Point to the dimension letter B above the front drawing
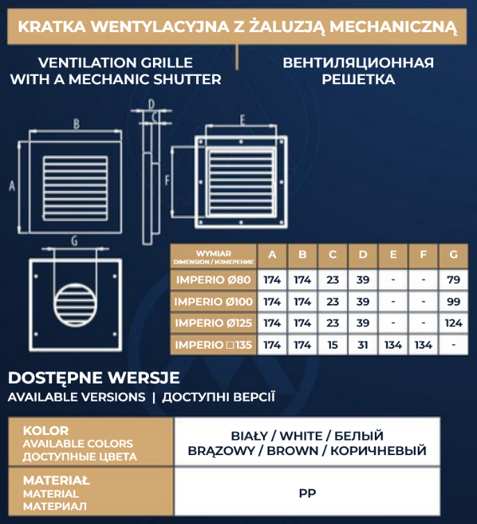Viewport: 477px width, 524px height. pyautogui.click(x=76, y=125)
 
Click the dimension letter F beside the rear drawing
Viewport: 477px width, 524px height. pyautogui.click(x=168, y=180)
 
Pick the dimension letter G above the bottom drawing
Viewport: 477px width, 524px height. pyautogui.click(x=74, y=241)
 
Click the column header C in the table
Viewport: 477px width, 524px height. pyautogui.click(x=332, y=255)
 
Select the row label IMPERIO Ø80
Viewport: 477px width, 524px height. pyautogui.click(x=213, y=280)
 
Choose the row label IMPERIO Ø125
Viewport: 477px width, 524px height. pyautogui.click(x=213, y=323)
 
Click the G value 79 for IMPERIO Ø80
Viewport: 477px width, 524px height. pyautogui.click(x=453, y=280)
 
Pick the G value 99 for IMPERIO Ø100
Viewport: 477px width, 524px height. pyautogui.click(x=453, y=302)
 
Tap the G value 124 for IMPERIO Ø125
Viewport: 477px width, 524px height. pyautogui.click(x=453, y=323)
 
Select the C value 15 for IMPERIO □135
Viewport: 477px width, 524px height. pyautogui.click(x=332, y=344)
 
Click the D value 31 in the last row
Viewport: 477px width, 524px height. pyautogui.click(x=362, y=344)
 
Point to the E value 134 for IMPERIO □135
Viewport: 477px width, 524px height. pyautogui.click(x=393, y=344)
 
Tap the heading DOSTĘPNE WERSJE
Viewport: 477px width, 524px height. pyautogui.click(x=93, y=378)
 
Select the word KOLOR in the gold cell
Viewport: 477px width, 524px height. pyautogui.click(x=46, y=430)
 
